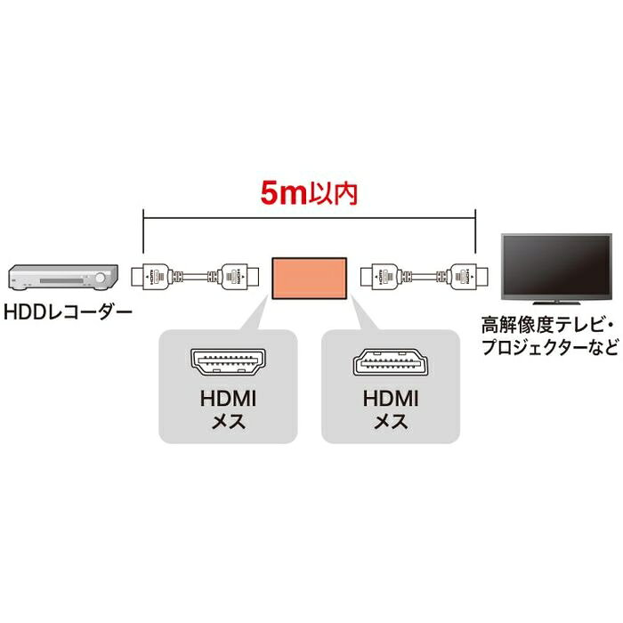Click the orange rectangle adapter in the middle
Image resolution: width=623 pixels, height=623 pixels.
(x=309, y=277)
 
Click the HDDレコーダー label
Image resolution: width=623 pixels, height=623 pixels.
(x=68, y=313)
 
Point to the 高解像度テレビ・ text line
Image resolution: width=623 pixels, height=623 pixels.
(x=547, y=322)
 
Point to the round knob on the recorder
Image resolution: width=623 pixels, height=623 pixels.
(x=101, y=279)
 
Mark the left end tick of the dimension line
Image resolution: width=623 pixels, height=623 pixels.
(x=143, y=222)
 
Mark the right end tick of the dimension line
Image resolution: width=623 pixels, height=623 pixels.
(x=475, y=222)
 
